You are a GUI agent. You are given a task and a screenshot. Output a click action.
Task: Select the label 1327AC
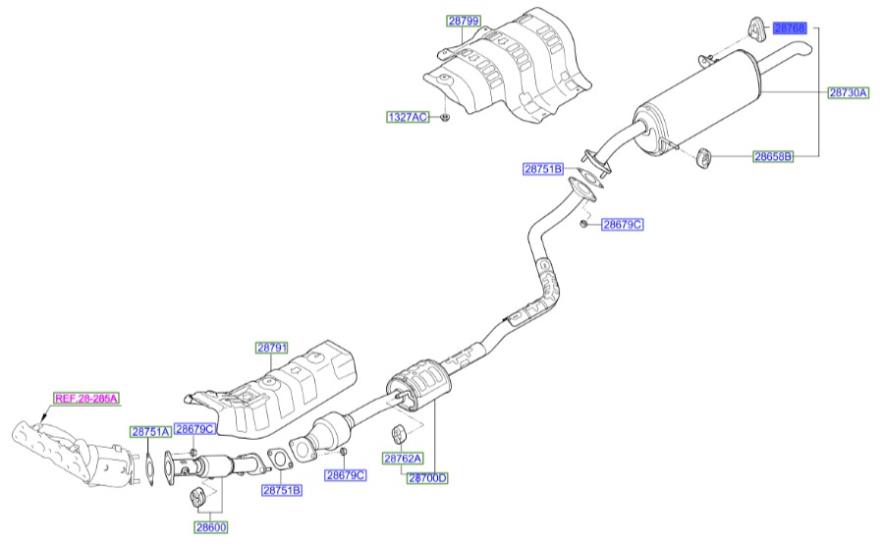click(408, 117)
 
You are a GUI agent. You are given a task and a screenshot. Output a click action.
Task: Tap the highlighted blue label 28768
click(790, 28)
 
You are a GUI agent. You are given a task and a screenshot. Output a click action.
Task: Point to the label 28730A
click(848, 92)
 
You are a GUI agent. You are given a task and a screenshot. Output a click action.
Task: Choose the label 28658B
click(773, 156)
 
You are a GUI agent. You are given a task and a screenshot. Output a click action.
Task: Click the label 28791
click(272, 348)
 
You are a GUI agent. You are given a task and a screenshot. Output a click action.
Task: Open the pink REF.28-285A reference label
click(85, 398)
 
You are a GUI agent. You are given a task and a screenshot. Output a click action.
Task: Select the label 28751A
click(150, 431)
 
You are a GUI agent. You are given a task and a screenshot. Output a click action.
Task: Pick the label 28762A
click(403, 459)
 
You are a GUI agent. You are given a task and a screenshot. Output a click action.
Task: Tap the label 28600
click(210, 527)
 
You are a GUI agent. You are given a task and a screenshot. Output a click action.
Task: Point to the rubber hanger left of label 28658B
click(703, 156)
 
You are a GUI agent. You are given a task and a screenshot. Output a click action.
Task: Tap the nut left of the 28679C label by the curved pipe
click(583, 225)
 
